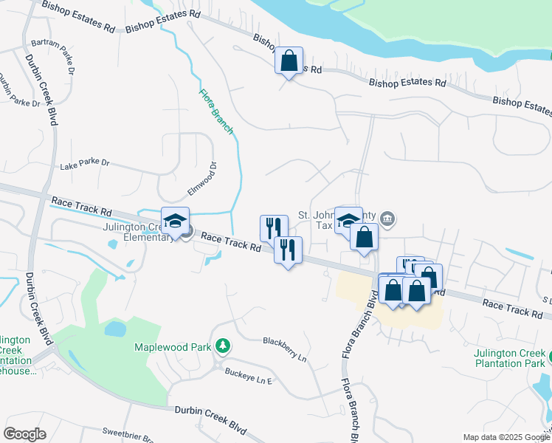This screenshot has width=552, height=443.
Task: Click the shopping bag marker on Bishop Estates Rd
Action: tap(289, 61)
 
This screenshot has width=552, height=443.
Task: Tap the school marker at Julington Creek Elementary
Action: tap(176, 221)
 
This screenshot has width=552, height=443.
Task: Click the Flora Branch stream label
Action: tap(217, 111)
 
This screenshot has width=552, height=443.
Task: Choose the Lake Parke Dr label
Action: tap(84, 163)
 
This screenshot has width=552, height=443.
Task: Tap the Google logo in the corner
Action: tap(24, 433)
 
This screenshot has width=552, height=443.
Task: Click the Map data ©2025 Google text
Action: tap(506, 437)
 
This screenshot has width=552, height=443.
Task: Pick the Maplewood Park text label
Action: tap(172, 347)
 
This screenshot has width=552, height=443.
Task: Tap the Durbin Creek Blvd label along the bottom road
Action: tap(210, 411)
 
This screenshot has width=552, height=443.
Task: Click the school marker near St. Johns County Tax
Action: tap(348, 220)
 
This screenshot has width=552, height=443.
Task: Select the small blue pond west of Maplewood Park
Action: tap(116, 328)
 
